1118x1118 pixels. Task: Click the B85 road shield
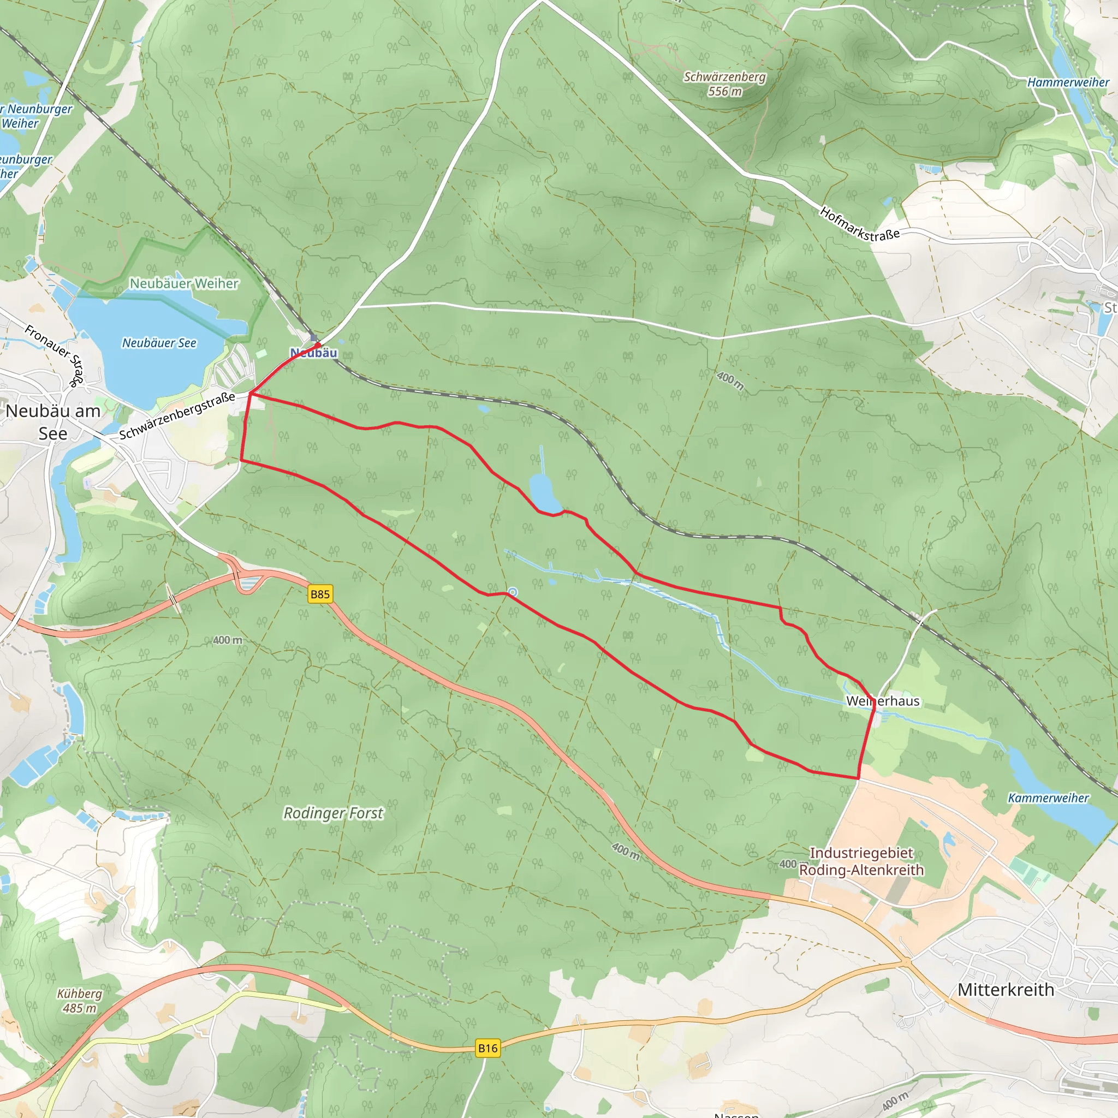tap(320, 594)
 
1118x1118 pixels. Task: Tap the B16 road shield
tap(487, 1048)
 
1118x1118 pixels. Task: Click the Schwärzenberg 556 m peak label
tap(724, 84)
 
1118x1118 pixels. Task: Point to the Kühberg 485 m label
tap(80, 1001)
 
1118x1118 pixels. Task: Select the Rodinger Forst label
tap(334, 813)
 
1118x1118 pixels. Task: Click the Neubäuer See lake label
tap(159, 343)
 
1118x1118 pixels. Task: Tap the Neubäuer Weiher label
tap(184, 283)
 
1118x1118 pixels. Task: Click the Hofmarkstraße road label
tap(859, 224)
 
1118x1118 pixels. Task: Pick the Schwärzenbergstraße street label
tap(177, 415)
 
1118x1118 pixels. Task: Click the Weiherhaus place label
tap(883, 701)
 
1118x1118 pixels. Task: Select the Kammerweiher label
tap(1048, 798)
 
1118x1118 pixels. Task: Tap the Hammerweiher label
tap(1068, 82)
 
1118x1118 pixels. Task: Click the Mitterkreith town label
tap(1006, 989)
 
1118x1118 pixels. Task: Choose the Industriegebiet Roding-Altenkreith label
tap(861, 861)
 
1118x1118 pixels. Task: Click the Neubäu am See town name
tap(53, 422)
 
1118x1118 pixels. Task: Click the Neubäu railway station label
tap(314, 353)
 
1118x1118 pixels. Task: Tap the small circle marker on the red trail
tap(513, 592)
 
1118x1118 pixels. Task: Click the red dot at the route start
tap(318, 345)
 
